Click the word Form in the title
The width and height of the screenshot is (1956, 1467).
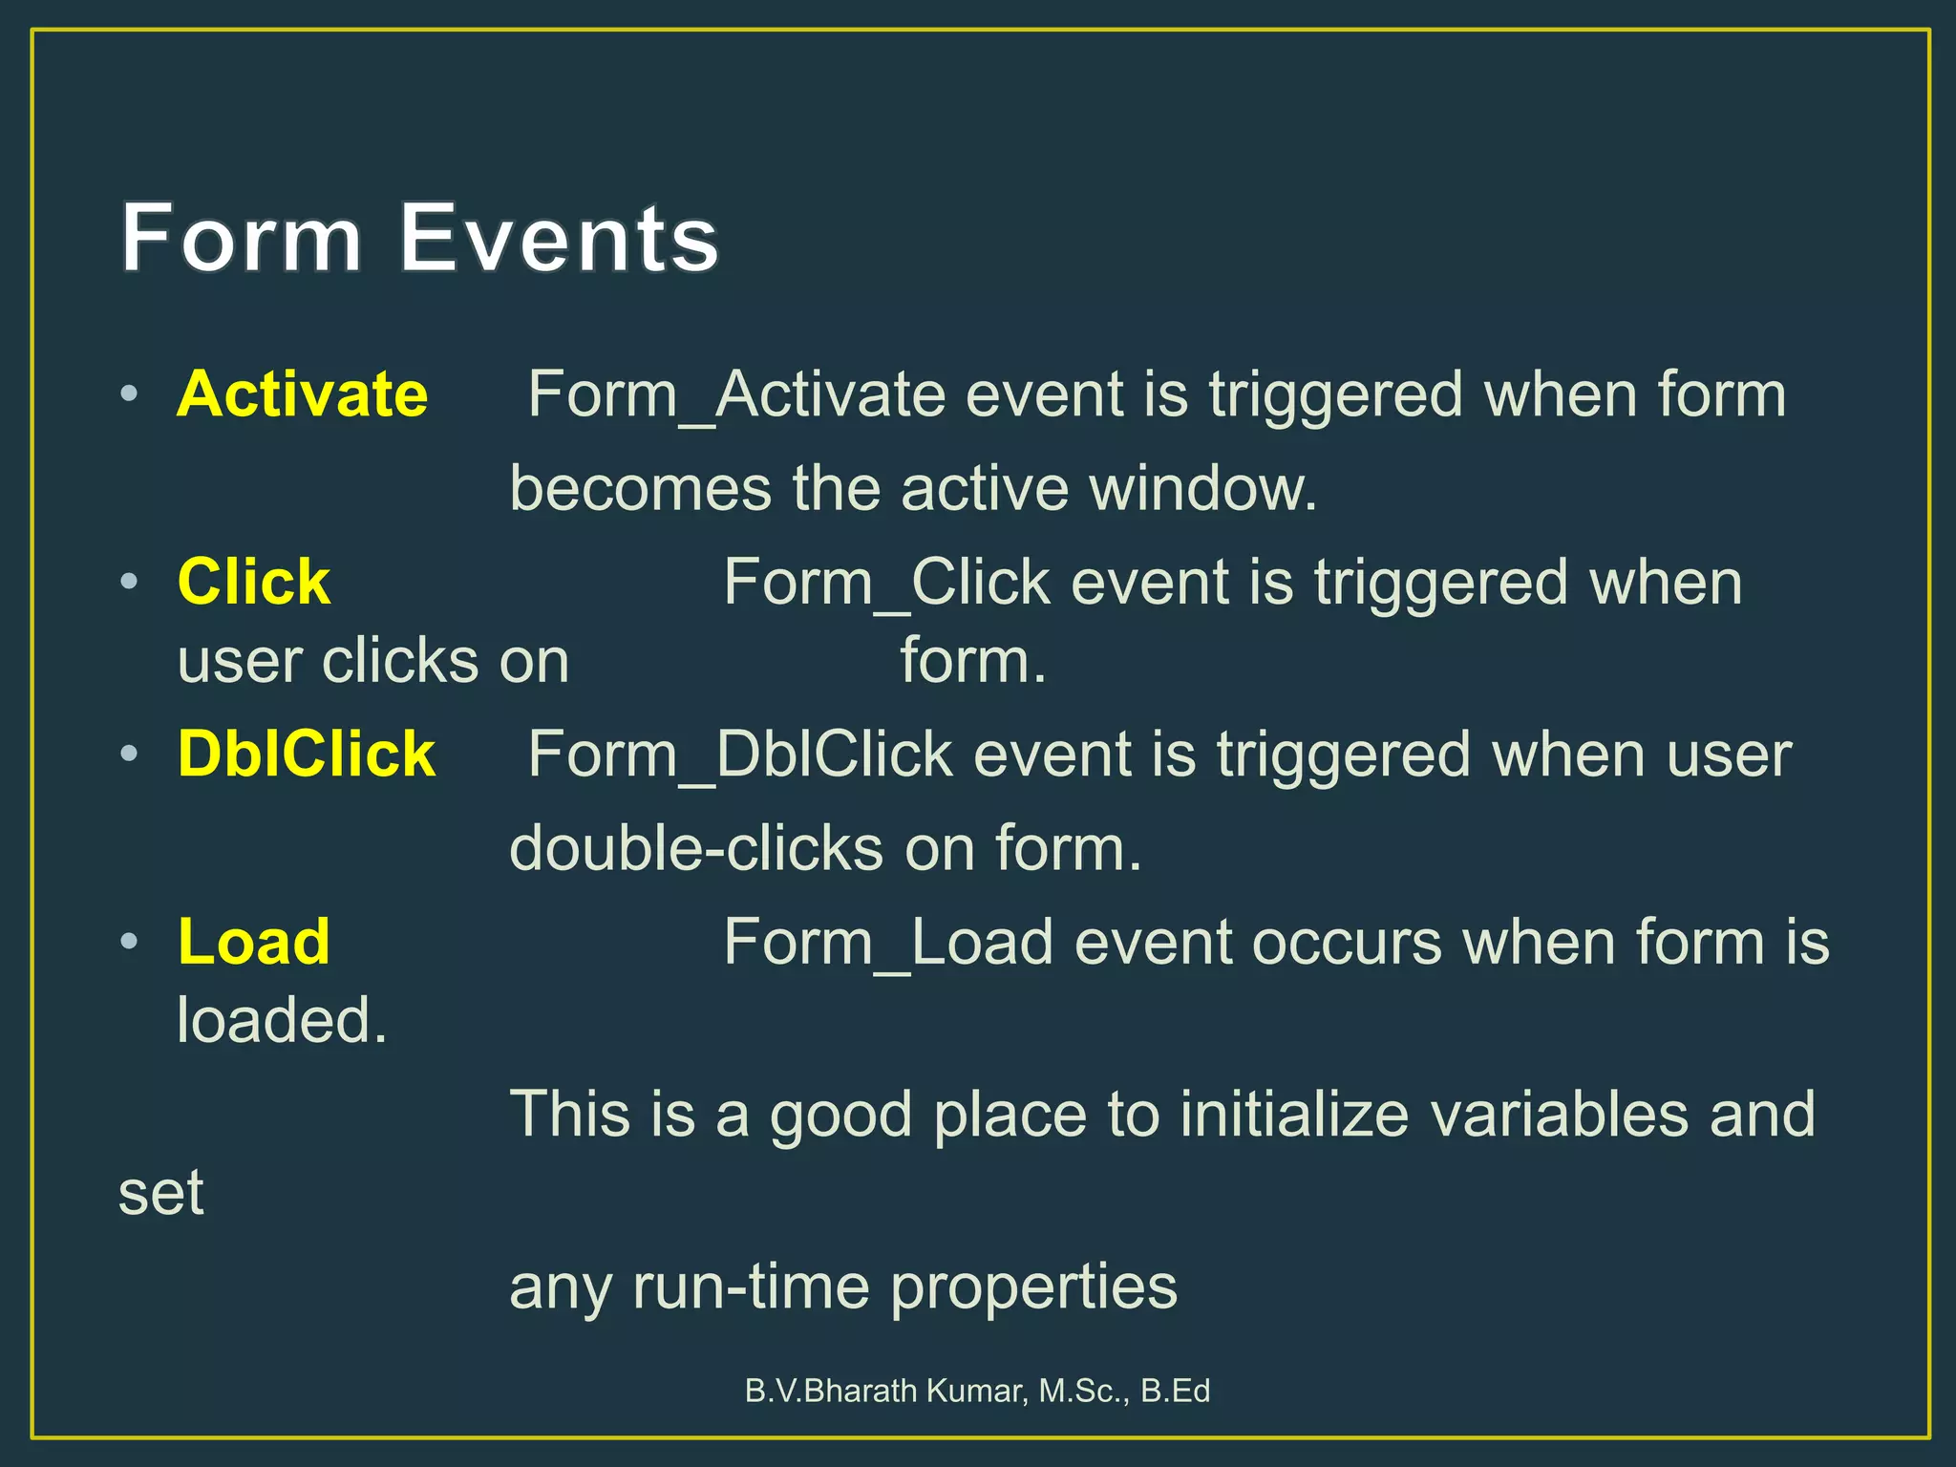pos(242,238)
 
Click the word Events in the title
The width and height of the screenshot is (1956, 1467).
pos(559,238)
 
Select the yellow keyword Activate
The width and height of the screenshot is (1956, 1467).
pos(303,394)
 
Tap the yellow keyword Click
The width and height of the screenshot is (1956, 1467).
pos(254,582)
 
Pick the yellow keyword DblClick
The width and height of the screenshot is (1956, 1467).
pos(307,755)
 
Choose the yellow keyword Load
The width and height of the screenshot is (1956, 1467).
pos(254,942)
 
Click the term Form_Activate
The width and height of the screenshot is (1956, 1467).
pos(735,394)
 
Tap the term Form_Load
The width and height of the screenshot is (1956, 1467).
pos(887,942)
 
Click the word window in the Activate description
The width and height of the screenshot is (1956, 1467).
pos(1203,488)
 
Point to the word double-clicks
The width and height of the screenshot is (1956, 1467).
pos(696,848)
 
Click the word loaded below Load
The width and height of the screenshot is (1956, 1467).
pos(283,1020)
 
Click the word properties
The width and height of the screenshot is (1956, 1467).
pos(1033,1289)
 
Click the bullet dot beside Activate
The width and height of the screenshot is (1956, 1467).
pos(130,393)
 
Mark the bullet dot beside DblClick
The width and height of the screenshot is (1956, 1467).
pos(130,754)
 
